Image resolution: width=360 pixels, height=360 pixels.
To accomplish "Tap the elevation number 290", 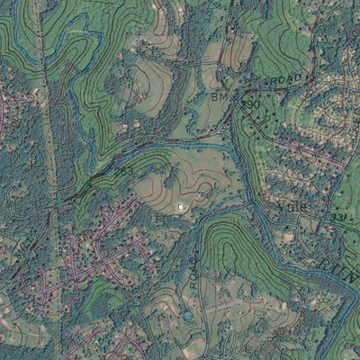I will (250, 105).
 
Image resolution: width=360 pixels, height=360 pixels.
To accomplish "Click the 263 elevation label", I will (124, 170).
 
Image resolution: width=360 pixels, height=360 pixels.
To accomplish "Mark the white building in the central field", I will (182, 207).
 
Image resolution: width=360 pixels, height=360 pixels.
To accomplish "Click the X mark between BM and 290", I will (237, 99).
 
